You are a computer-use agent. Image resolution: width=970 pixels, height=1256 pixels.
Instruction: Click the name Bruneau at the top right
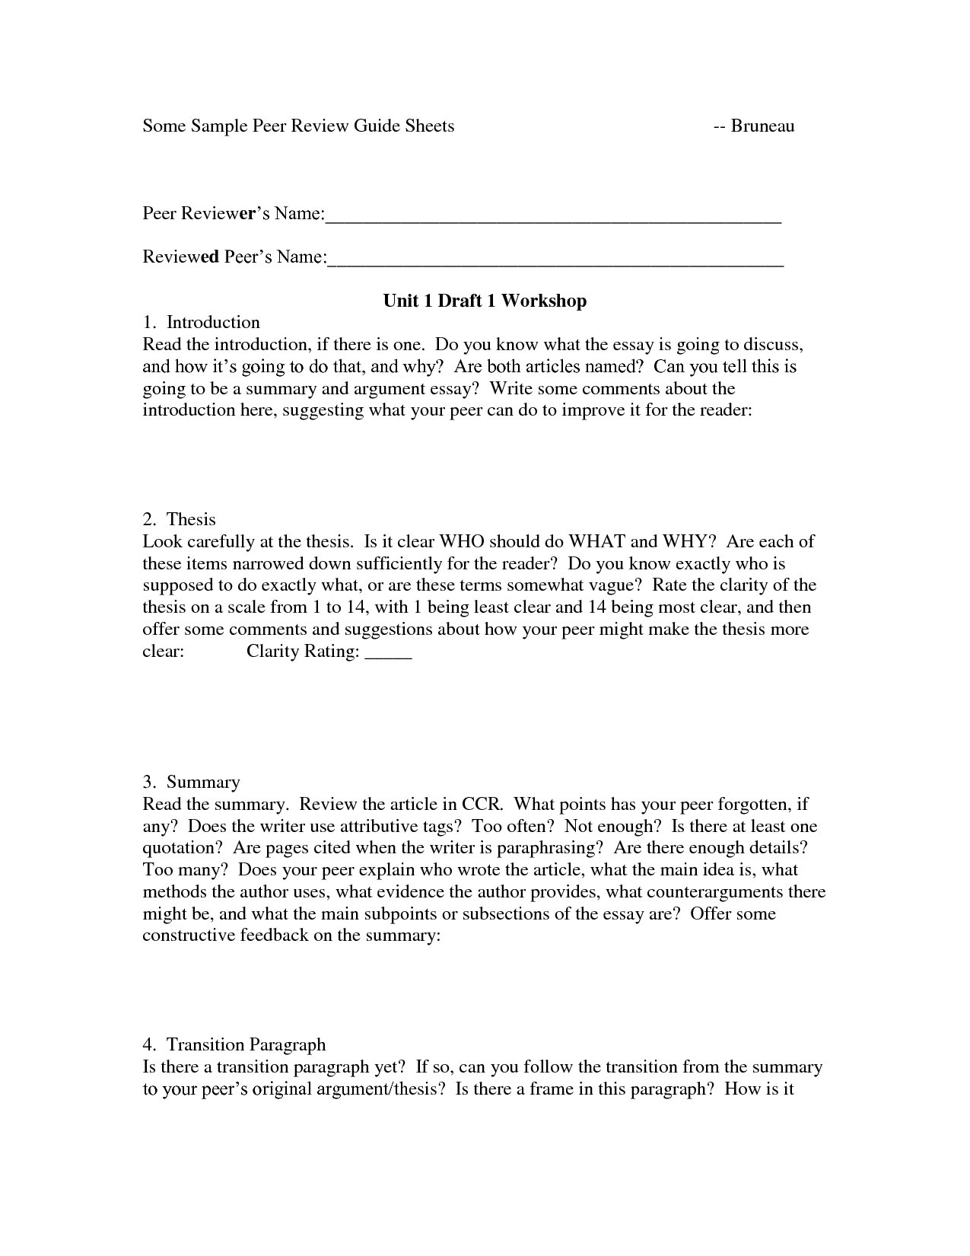[762, 126]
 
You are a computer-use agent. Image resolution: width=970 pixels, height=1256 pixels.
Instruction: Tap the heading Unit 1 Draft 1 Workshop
[485, 301]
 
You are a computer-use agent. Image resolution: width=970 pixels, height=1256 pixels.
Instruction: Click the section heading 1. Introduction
[202, 322]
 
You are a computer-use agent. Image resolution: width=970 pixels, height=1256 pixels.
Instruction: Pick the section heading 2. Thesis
[180, 519]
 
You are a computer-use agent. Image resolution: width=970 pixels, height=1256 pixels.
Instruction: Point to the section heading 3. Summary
[191, 782]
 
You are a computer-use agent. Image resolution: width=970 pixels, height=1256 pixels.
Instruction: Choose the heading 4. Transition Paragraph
[234, 1044]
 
